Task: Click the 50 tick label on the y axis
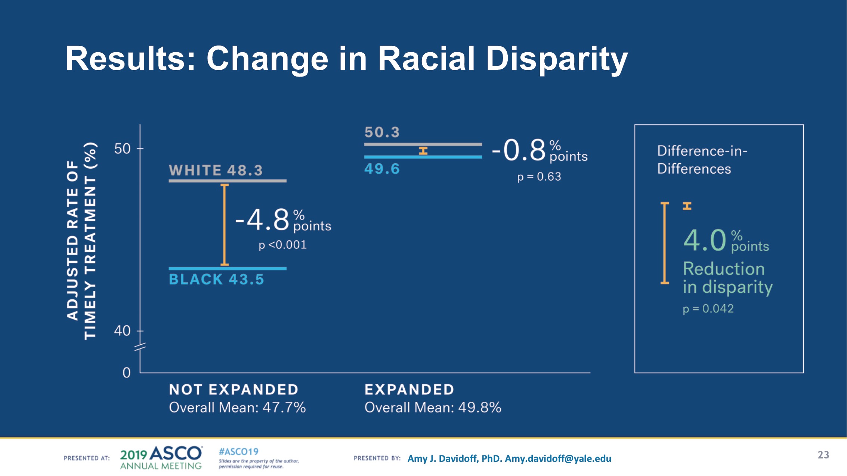click(122, 149)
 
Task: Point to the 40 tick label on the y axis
click(122, 331)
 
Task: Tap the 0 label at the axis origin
click(127, 373)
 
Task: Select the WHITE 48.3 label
click(216, 170)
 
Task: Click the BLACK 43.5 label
click(216, 279)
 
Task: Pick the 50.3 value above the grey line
click(382, 132)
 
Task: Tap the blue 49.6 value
click(382, 169)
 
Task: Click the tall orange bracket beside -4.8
click(225, 224)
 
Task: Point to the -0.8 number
click(519, 150)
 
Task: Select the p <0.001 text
click(282, 245)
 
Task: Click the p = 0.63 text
click(539, 177)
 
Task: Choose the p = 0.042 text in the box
click(708, 309)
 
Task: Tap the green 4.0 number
click(705, 240)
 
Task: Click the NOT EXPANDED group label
click(234, 389)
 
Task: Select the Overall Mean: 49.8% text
click(433, 407)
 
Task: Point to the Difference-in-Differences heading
click(702, 160)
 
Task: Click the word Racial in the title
click(426, 59)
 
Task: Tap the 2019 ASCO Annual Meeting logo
click(161, 458)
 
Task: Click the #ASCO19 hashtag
click(238, 452)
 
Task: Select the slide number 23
click(823, 455)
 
